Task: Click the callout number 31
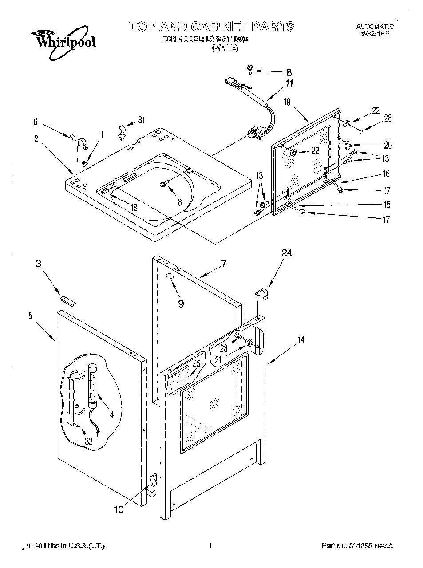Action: tap(141, 119)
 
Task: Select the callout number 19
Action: tap(287, 102)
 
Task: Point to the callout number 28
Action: tap(387, 118)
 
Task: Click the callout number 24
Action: tap(287, 253)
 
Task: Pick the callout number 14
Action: tap(301, 340)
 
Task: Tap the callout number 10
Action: tap(119, 509)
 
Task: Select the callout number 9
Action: tap(180, 304)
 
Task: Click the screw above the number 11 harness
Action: tap(250, 69)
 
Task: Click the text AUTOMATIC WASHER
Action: tap(375, 30)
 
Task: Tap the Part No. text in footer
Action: tap(357, 546)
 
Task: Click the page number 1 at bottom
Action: tap(210, 546)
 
